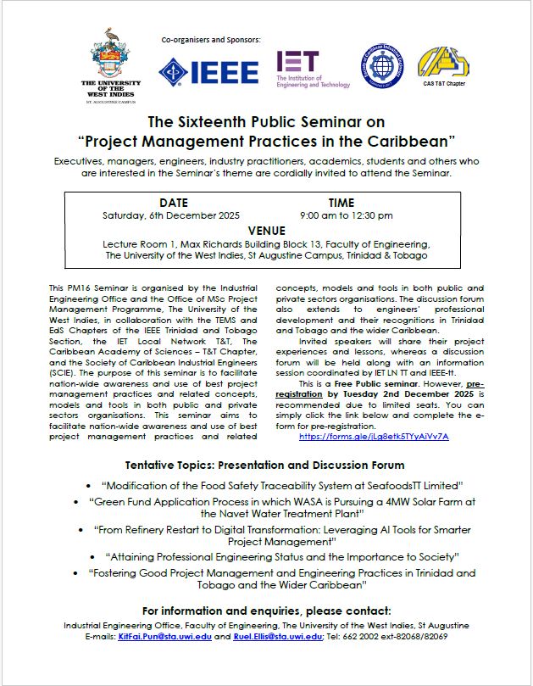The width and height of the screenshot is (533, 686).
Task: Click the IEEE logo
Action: pyautogui.click(x=208, y=71)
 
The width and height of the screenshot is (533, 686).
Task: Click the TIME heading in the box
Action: pyautogui.click(x=341, y=203)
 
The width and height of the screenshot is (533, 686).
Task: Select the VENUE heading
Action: pyautogui.click(x=266, y=230)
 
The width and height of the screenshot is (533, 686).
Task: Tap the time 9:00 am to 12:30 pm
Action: pyautogui.click(x=341, y=215)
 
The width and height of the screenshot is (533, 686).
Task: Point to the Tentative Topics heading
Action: pyautogui.click(x=264, y=466)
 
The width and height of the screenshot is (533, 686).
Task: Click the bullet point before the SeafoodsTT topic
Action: pyautogui.click(x=90, y=485)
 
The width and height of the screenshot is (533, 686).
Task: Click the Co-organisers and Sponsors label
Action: pyautogui.click(x=211, y=40)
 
